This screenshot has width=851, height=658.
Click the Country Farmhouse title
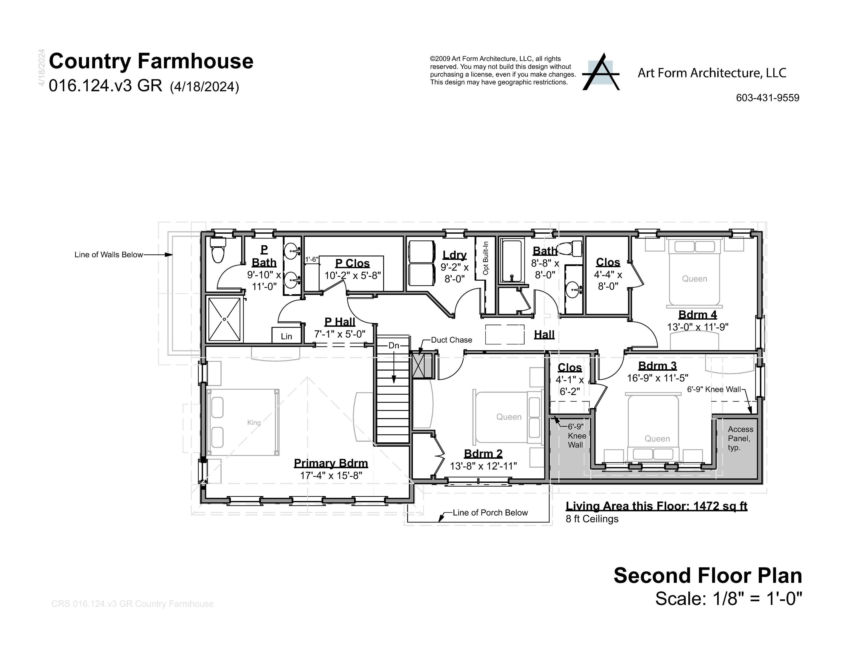point(151,61)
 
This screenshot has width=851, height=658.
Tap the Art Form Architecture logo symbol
point(600,73)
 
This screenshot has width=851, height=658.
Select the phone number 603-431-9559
point(767,98)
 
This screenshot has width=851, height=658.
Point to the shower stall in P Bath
point(224,319)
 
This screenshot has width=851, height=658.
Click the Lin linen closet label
point(286,336)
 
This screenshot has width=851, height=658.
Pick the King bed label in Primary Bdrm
point(254,423)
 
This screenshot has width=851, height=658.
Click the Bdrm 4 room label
point(697,314)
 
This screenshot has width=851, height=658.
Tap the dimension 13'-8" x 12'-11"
point(483,466)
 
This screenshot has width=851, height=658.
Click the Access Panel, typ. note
point(740,438)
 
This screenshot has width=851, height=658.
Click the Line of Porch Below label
point(490,513)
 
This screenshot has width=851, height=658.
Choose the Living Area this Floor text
point(656,506)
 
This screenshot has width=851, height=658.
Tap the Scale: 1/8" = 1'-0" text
point(728,598)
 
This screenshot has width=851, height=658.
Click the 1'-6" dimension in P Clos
point(311,259)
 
